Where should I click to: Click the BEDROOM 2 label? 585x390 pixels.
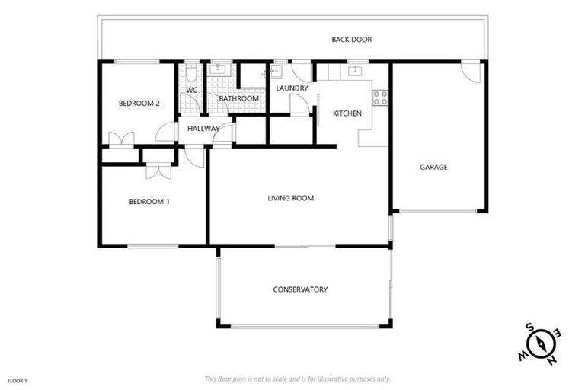139,104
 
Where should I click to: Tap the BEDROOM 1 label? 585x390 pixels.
149,201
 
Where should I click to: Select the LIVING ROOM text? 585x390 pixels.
291,198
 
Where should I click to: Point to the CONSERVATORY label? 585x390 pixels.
300,289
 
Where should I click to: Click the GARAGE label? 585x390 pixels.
433,167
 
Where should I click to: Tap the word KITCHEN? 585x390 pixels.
347,113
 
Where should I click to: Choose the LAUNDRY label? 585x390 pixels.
292,88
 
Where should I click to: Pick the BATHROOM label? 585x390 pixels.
238,99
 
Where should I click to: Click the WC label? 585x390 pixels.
192,90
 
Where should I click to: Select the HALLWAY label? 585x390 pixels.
203,129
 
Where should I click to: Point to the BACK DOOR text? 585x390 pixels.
351,40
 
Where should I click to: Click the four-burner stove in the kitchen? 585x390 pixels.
379,97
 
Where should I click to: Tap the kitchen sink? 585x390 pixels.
354,72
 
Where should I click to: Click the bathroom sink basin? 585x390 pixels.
220,69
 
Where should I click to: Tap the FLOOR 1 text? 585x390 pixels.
17,379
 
